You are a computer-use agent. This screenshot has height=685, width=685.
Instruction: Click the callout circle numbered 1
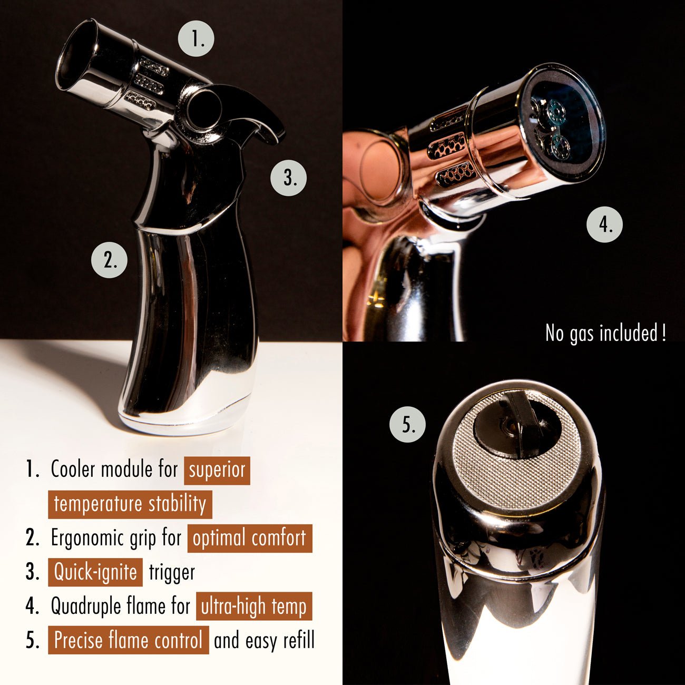pyautogui.click(x=196, y=38)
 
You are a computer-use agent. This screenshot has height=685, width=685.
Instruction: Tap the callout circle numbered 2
pyautogui.click(x=109, y=260)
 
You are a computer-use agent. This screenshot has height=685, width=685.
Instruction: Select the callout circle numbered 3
pyautogui.click(x=289, y=178)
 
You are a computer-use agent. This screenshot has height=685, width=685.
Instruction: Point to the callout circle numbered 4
pyautogui.click(x=604, y=224)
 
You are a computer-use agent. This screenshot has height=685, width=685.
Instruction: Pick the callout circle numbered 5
pyautogui.click(x=408, y=425)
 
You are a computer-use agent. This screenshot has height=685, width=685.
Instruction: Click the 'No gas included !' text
pyautogui.click(x=605, y=333)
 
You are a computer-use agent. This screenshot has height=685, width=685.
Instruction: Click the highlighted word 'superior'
pyautogui.click(x=217, y=471)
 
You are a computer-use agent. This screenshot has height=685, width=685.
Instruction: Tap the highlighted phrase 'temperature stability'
pyautogui.click(x=130, y=505)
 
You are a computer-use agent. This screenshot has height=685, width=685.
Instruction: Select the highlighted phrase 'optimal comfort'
pyautogui.click(x=250, y=539)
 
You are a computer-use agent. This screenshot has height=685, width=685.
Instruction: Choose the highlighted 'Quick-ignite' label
pyautogui.click(x=95, y=572)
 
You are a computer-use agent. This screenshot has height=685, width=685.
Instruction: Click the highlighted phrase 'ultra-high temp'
pyautogui.click(x=254, y=606)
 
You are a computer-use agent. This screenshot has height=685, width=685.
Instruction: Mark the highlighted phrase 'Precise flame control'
pyautogui.click(x=129, y=640)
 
